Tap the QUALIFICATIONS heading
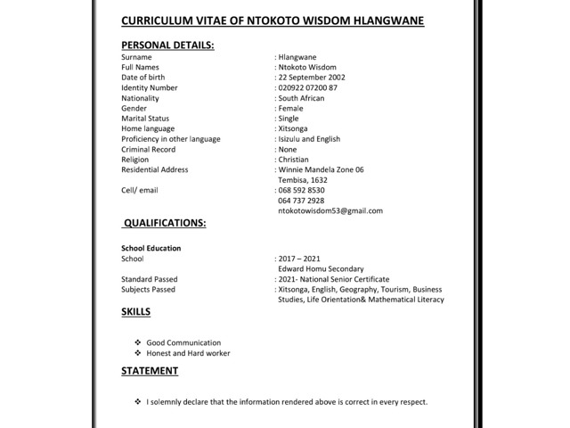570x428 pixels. (165, 222)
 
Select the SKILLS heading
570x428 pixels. (135, 312)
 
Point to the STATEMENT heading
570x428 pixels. (150, 371)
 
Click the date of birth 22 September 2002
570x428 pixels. (313, 78)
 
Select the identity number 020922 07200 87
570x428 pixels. (308, 87)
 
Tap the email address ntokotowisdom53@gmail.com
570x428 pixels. (330, 211)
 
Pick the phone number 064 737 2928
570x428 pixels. (301, 201)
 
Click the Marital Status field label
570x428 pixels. (145, 119)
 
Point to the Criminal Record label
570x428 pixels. (148, 149)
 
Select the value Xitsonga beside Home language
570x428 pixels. (295, 128)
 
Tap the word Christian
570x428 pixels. (295, 160)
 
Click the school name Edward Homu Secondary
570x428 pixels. (320, 268)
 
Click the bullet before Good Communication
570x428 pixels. (137, 342)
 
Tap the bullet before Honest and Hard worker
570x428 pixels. (137, 353)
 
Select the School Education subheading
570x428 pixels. (151, 248)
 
